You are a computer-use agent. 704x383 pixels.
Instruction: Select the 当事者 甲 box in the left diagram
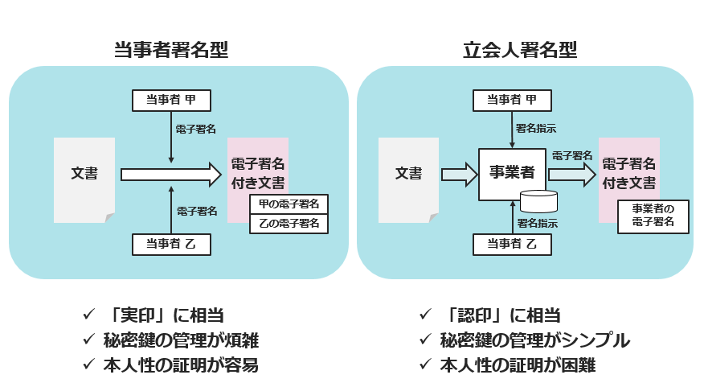coord(171,100)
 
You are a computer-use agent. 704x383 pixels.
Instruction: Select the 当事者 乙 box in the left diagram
coord(171,244)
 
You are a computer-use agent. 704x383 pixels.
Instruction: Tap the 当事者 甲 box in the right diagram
coord(514,100)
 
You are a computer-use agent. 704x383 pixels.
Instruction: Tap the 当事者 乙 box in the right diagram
coord(514,244)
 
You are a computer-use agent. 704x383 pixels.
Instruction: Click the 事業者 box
coord(512,171)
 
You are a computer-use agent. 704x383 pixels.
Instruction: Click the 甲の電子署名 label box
coord(289,204)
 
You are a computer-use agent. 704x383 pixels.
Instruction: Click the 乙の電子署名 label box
coord(289,223)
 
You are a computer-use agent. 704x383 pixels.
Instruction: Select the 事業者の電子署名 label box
coord(653,216)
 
